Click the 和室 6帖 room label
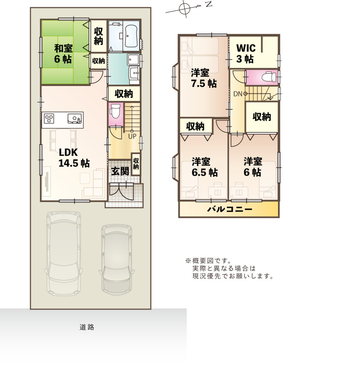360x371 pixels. pyautogui.click(x=63, y=54)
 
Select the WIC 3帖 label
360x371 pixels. pyautogui.click(x=246, y=54)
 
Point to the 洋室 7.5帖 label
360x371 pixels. pyautogui.click(x=204, y=78)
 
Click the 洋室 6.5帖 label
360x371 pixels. pyautogui.click(x=205, y=167)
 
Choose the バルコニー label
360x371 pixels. pyautogui.click(x=229, y=209)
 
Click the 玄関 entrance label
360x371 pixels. pyautogui.click(x=120, y=171)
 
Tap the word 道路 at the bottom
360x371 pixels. pyautogui.click(x=87, y=327)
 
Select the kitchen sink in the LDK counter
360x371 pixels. pyautogui.click(x=75, y=118)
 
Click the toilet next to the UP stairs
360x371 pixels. pyautogui.click(x=115, y=111)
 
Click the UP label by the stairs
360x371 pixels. pyautogui.click(x=132, y=136)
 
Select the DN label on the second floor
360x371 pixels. pyautogui.click(x=237, y=94)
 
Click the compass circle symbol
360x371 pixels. pyautogui.click(x=185, y=9)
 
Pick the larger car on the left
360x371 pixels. pyautogui.click(x=63, y=253)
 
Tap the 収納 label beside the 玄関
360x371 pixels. pyautogui.click(x=136, y=164)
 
